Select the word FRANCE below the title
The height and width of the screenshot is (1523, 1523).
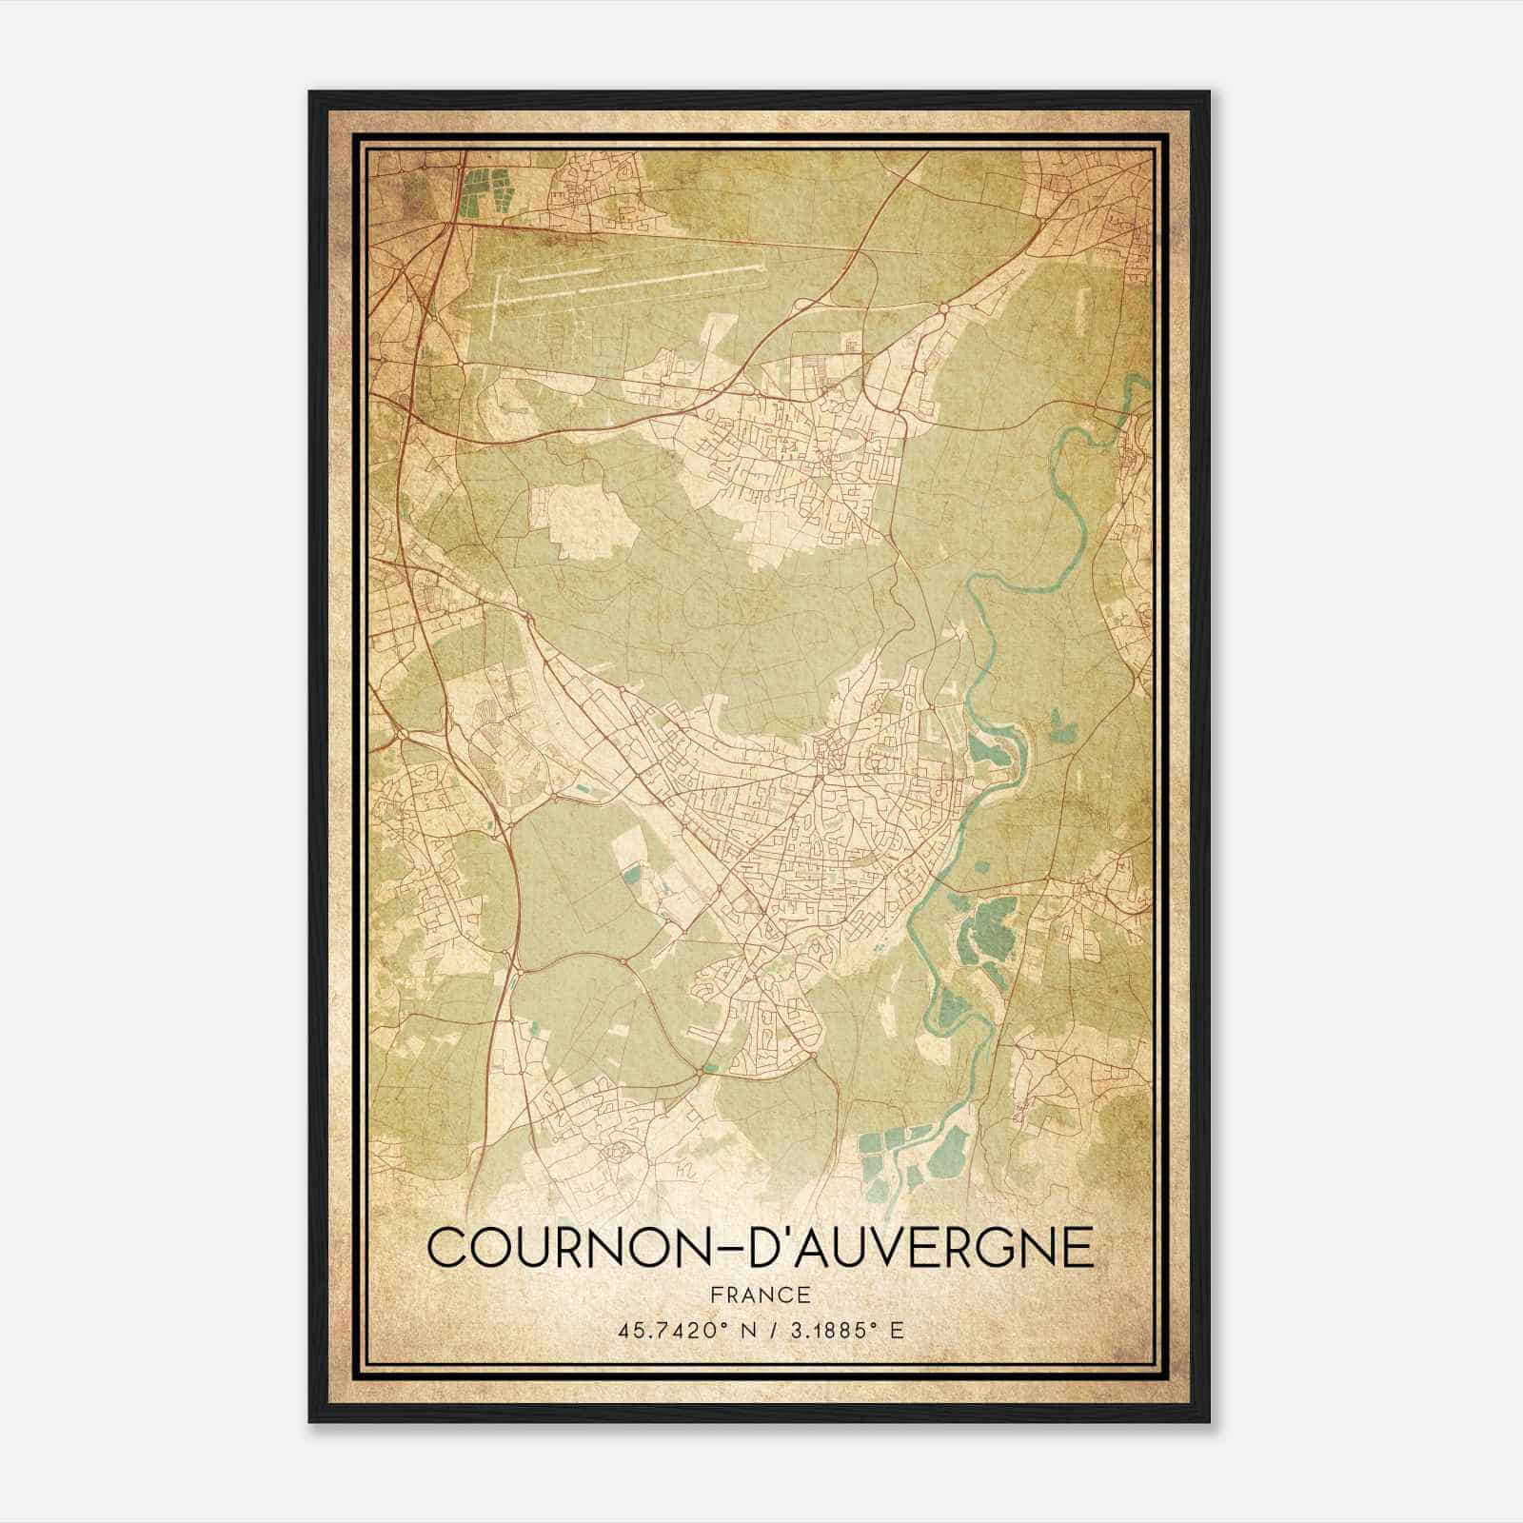(761, 1296)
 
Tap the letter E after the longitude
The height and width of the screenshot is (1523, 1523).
(897, 1330)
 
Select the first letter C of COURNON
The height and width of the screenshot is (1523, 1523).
(448, 1248)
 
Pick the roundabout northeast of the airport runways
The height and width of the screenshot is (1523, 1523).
(942, 307)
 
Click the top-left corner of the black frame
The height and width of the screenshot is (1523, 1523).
(311, 93)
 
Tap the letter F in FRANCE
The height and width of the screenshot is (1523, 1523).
(717, 1296)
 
